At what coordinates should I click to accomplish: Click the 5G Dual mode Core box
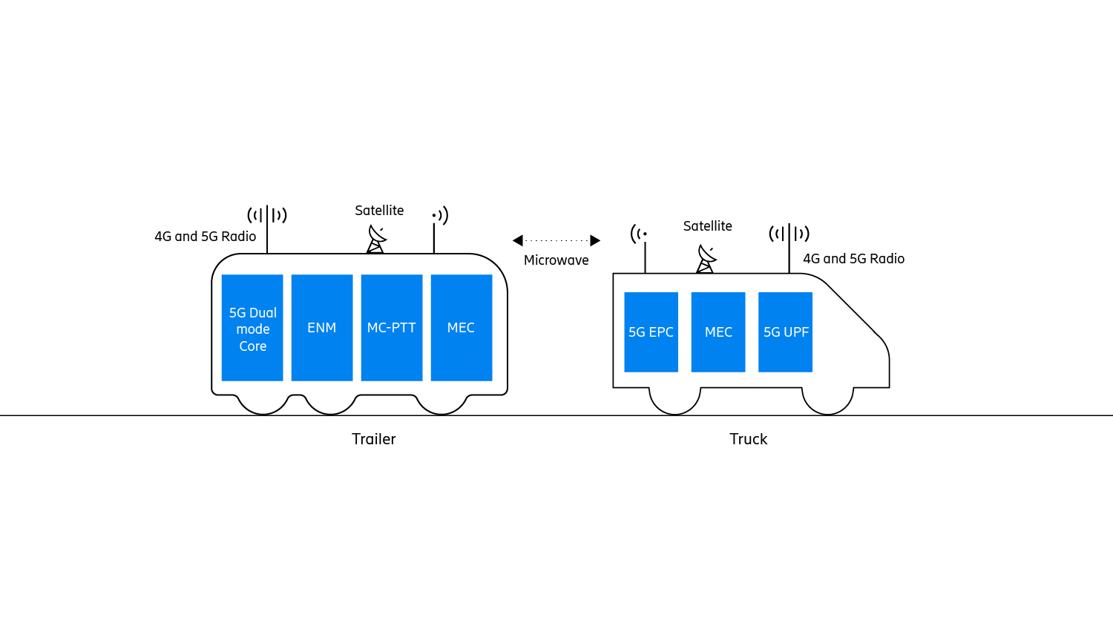(252, 328)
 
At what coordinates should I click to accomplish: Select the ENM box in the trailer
(322, 328)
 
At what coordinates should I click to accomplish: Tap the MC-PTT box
(392, 328)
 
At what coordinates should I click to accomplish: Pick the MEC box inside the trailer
(462, 328)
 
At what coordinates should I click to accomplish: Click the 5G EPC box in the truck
(651, 332)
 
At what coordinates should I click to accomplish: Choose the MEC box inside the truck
(718, 332)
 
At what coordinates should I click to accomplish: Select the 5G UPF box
(785, 332)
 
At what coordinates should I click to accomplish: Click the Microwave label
(556, 260)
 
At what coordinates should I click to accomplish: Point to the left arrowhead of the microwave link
(518, 240)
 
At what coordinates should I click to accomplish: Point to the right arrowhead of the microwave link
(595, 240)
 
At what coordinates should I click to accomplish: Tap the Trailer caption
(374, 439)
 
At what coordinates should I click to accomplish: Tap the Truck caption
(748, 439)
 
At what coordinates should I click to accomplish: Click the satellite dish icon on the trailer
(376, 240)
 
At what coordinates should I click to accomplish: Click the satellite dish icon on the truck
(706, 259)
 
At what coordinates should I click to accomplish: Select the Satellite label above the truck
(708, 226)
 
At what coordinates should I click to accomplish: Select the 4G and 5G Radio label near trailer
(206, 237)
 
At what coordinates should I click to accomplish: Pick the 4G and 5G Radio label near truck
(854, 259)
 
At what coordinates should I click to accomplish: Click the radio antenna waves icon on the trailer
(267, 215)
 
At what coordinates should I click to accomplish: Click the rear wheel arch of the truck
(674, 401)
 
